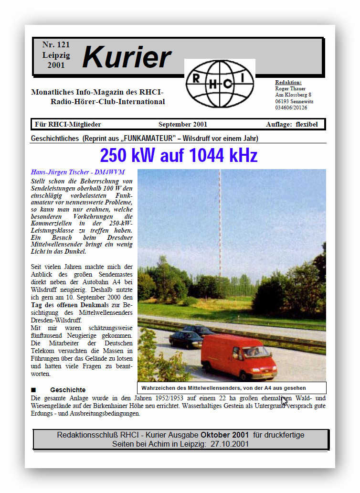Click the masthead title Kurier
(x=127, y=57)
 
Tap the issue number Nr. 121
(x=56, y=45)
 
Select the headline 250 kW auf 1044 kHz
(x=179, y=156)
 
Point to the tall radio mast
(x=220, y=225)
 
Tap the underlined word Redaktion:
(x=288, y=82)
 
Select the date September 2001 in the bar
(x=183, y=125)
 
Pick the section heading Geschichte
(x=68, y=390)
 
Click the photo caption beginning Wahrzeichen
(x=223, y=388)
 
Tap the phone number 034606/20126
(x=291, y=107)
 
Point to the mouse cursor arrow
(x=284, y=400)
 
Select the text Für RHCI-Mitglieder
(x=68, y=125)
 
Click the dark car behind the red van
(x=186, y=339)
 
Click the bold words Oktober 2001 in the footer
(x=224, y=435)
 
